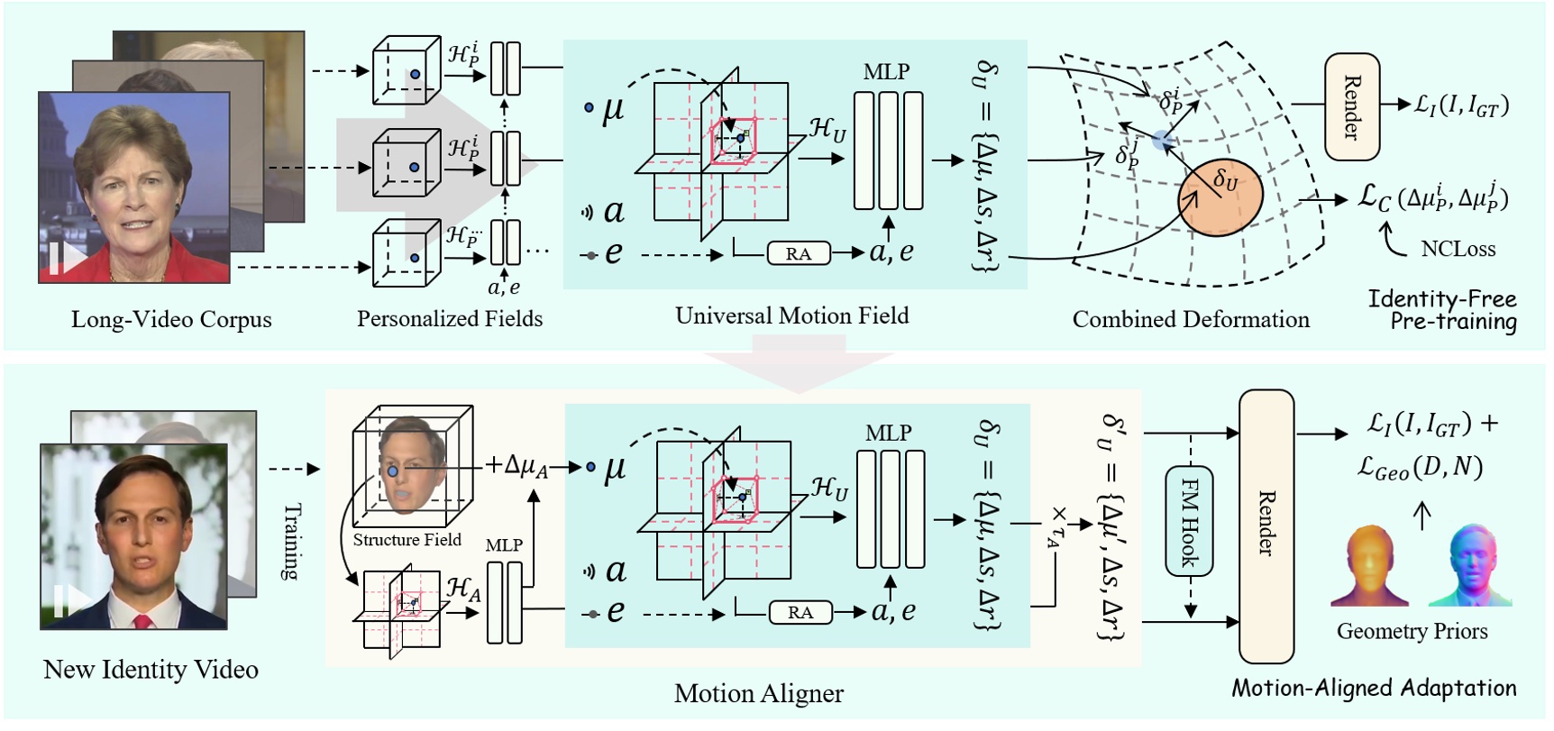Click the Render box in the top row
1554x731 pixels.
[1352, 106]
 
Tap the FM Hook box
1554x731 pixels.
[1190, 521]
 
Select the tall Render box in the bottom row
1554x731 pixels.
[1266, 526]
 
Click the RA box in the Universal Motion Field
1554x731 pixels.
[798, 253]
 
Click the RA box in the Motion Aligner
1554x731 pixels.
[800, 613]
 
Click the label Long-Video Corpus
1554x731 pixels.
[171, 320]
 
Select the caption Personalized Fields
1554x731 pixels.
[449, 319]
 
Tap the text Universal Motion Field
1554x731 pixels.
[791, 315]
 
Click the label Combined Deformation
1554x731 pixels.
[1190, 320]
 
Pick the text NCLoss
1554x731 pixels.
[1458, 249]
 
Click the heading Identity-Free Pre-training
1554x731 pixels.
[1442, 310]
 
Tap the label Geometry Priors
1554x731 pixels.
[1412, 631]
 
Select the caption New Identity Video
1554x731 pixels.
[151, 670]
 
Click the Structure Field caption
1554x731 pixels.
[407, 540]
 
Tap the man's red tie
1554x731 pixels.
[142, 623]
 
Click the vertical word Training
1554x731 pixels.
[291, 541]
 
